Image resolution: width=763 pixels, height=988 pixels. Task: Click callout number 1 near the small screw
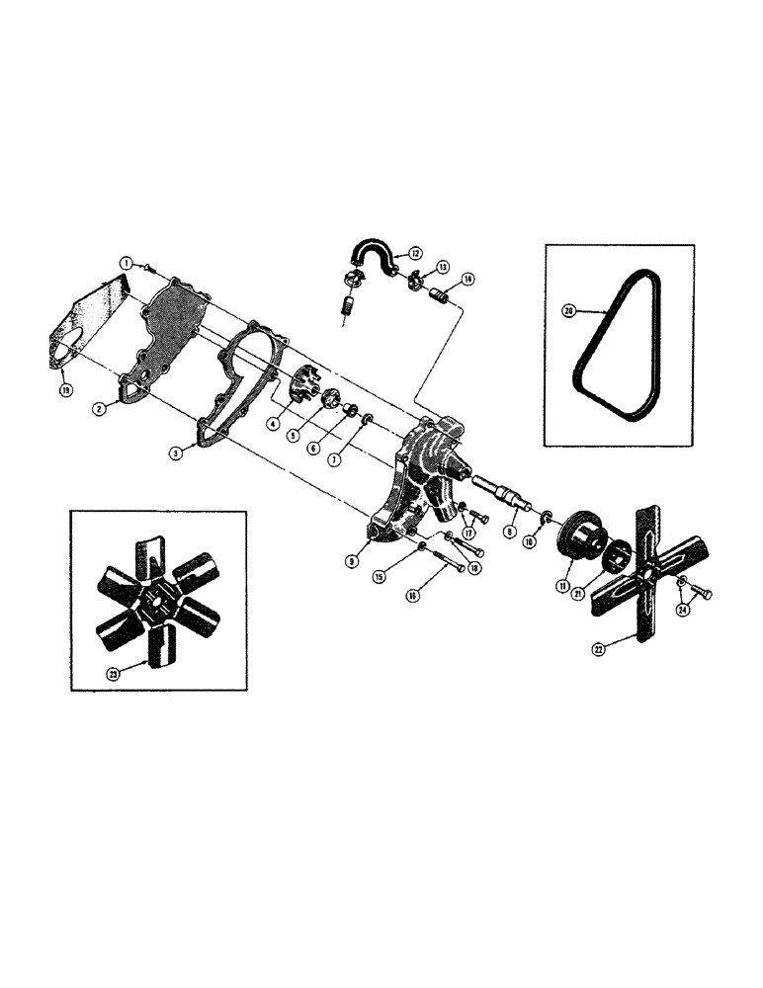[127, 263]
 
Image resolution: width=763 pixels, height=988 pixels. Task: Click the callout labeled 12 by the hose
[414, 253]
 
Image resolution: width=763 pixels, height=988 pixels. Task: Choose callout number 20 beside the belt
[567, 310]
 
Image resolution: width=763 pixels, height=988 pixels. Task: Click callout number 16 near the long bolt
[415, 596]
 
